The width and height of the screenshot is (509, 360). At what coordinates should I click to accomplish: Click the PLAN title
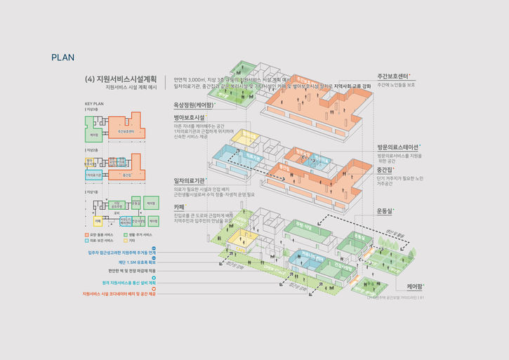pyautogui.click(x=63, y=57)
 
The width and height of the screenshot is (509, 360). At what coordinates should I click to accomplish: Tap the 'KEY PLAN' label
pyautogui.click(x=94, y=104)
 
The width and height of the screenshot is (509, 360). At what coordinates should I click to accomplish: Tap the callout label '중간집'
pyautogui.click(x=385, y=169)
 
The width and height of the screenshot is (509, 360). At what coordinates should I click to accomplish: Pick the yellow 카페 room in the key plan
pyautogui.click(x=98, y=220)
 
